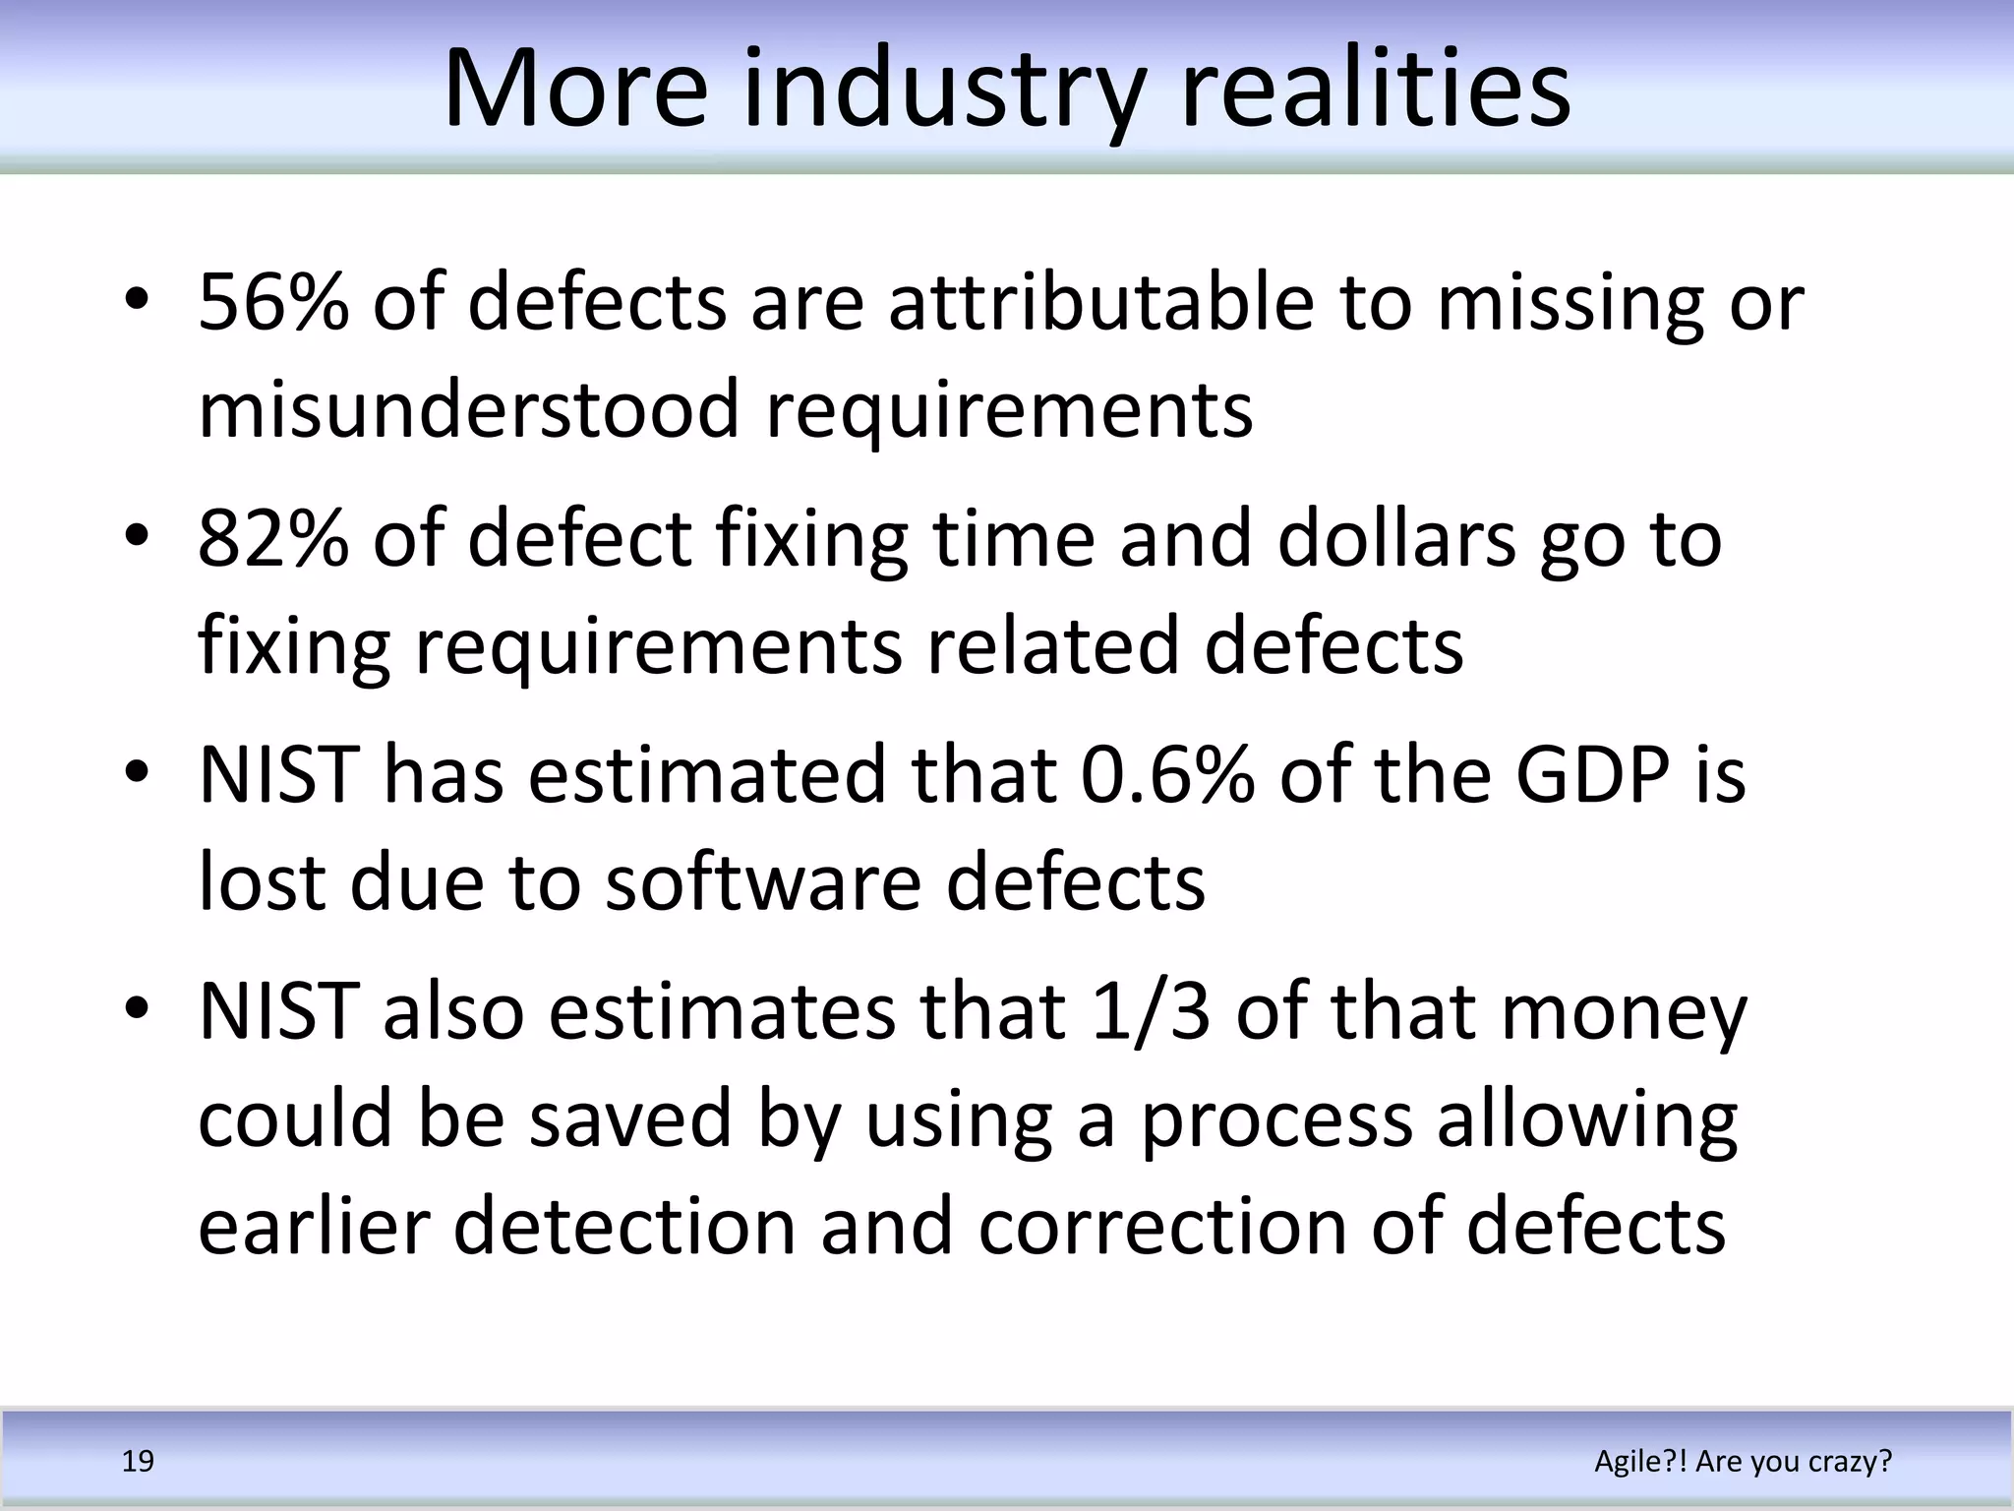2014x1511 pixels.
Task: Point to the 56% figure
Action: (x=273, y=302)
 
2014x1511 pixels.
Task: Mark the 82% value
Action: (x=273, y=539)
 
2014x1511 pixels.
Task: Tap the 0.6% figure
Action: (x=1167, y=775)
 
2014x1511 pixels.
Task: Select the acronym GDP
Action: (x=1592, y=775)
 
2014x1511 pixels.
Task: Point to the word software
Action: (x=763, y=881)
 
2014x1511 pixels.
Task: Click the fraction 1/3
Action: (x=1151, y=1012)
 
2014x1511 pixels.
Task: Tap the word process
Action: (x=1276, y=1120)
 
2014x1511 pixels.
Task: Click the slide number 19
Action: (x=138, y=1462)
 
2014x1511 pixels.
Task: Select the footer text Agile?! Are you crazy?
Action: (x=1743, y=1462)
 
